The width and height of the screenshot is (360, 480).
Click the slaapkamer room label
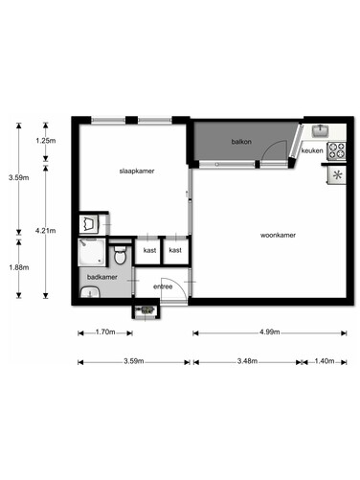coord(137,171)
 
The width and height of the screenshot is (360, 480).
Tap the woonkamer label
coord(278,236)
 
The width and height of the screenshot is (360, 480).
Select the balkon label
coord(241,142)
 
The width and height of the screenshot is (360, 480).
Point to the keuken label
coord(312,150)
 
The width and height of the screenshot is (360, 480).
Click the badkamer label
coord(102,277)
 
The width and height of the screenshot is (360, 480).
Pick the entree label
coord(163,286)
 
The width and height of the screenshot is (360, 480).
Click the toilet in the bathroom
coord(121,255)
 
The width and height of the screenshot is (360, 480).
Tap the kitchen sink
coord(321,130)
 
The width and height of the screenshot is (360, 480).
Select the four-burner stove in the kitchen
coord(337,150)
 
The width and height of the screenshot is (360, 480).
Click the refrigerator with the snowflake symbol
coord(337,175)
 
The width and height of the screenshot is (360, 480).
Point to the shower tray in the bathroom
coord(92,252)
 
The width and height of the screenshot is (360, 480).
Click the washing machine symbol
coord(89,223)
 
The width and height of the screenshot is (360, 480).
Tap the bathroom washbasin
coord(90,292)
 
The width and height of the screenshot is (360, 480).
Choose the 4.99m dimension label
coord(270,331)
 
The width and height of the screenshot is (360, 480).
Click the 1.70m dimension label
coord(105,331)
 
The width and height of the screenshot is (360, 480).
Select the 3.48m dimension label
coord(247,361)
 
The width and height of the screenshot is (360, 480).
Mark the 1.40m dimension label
coord(325,361)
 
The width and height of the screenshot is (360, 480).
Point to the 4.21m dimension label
coord(46,230)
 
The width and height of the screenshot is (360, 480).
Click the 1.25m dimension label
coord(46,141)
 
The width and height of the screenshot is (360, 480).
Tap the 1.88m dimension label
coord(19,267)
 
